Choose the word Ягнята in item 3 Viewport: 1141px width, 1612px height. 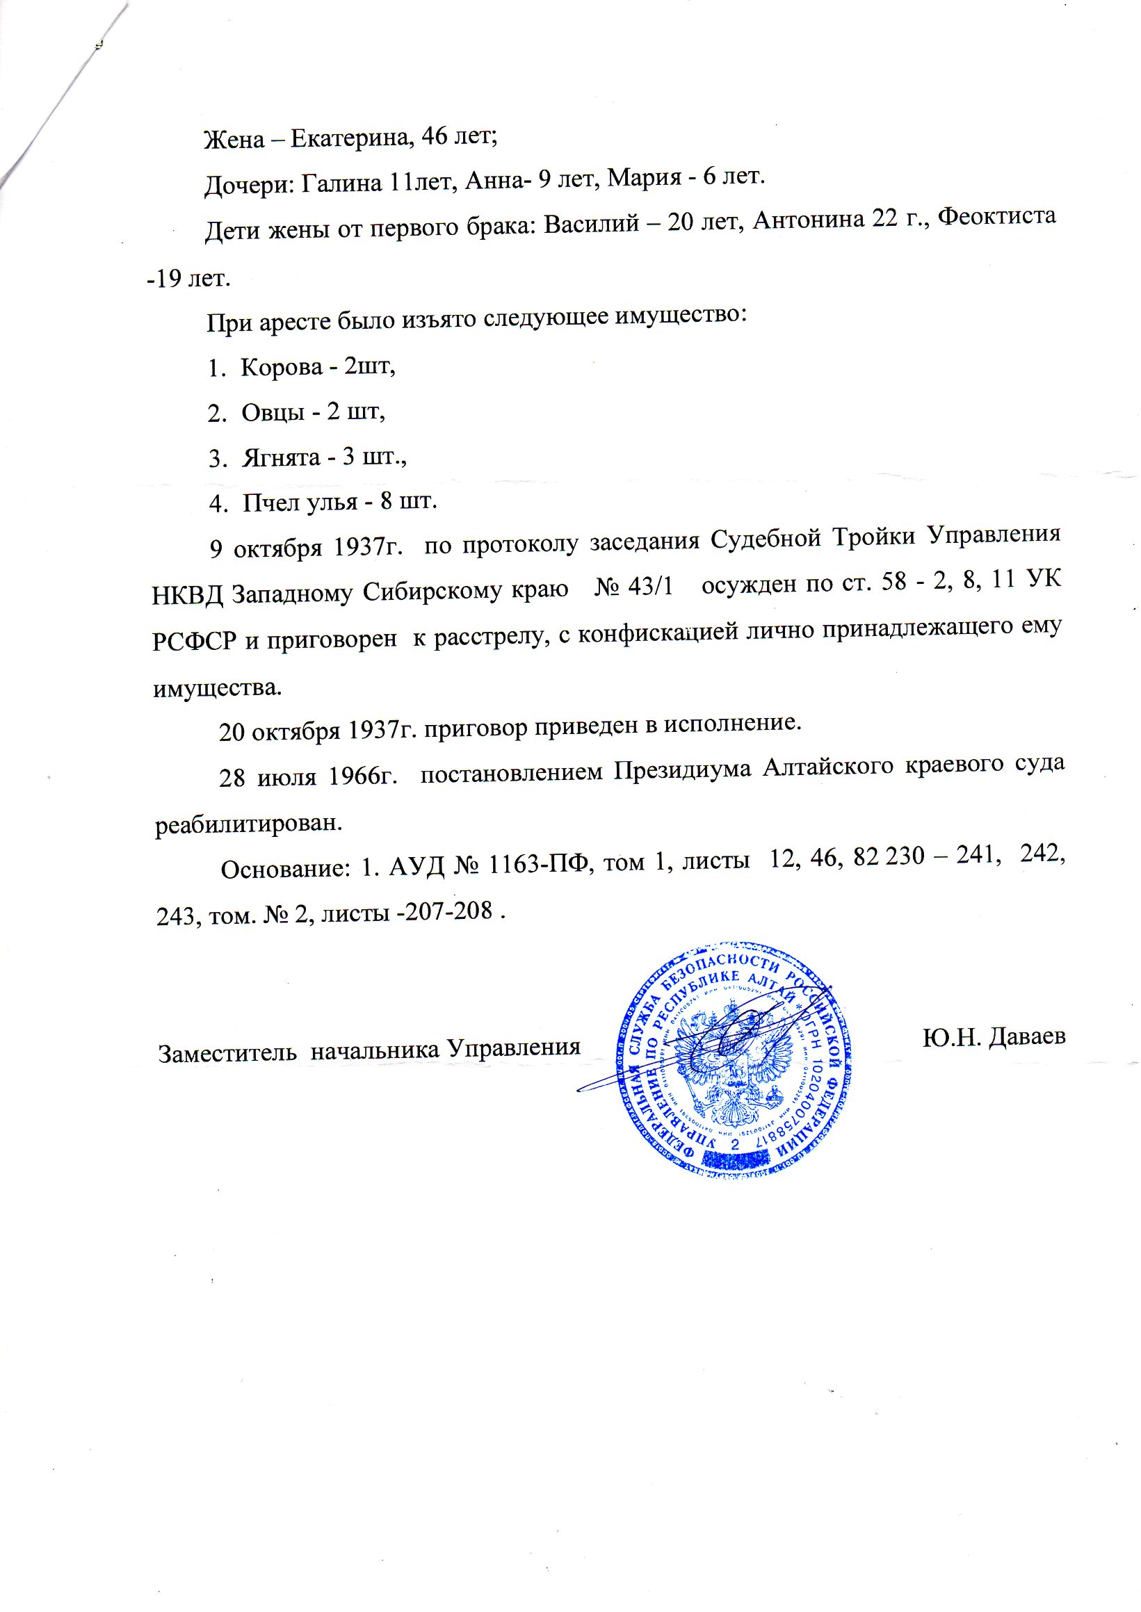pos(281,458)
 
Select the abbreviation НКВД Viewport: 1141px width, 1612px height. pos(188,595)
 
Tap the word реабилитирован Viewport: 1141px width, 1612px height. pos(249,823)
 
